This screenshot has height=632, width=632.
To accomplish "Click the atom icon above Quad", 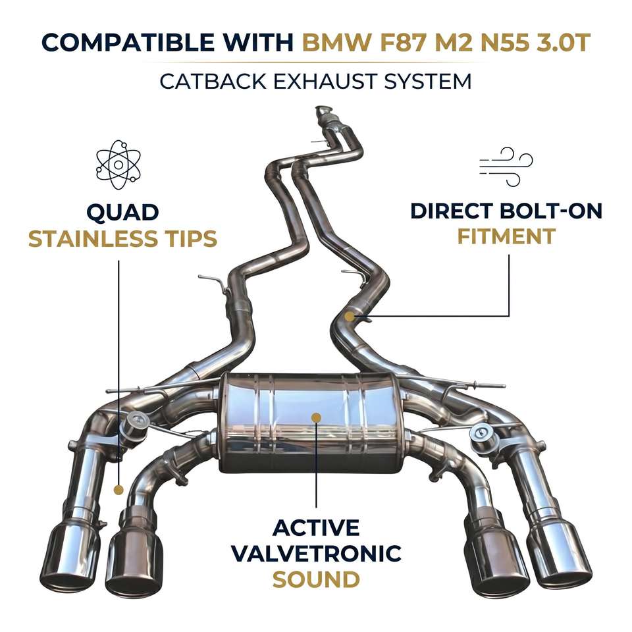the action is (x=118, y=165).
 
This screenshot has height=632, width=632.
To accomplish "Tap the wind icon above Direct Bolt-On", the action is (x=506, y=167).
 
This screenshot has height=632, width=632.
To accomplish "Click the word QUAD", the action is (x=122, y=213).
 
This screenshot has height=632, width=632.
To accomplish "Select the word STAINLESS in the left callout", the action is (x=93, y=238).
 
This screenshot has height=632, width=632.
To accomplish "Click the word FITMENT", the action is (x=507, y=236).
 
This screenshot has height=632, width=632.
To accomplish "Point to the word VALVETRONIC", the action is (x=317, y=554).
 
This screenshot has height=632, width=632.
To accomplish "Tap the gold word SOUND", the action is (x=317, y=579).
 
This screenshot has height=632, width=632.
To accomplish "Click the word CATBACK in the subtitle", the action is (x=213, y=82).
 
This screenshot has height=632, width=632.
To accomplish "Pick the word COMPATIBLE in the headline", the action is (x=128, y=42).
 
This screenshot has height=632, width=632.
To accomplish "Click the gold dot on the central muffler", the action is (x=317, y=417).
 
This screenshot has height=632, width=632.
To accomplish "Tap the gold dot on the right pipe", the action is (x=350, y=317).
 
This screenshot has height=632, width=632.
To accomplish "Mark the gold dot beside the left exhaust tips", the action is (x=118, y=490).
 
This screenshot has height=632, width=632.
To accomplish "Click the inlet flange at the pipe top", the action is (x=323, y=111).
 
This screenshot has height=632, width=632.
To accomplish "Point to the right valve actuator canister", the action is (x=483, y=436).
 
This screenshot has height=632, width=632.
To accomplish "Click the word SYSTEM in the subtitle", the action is (x=428, y=82).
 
